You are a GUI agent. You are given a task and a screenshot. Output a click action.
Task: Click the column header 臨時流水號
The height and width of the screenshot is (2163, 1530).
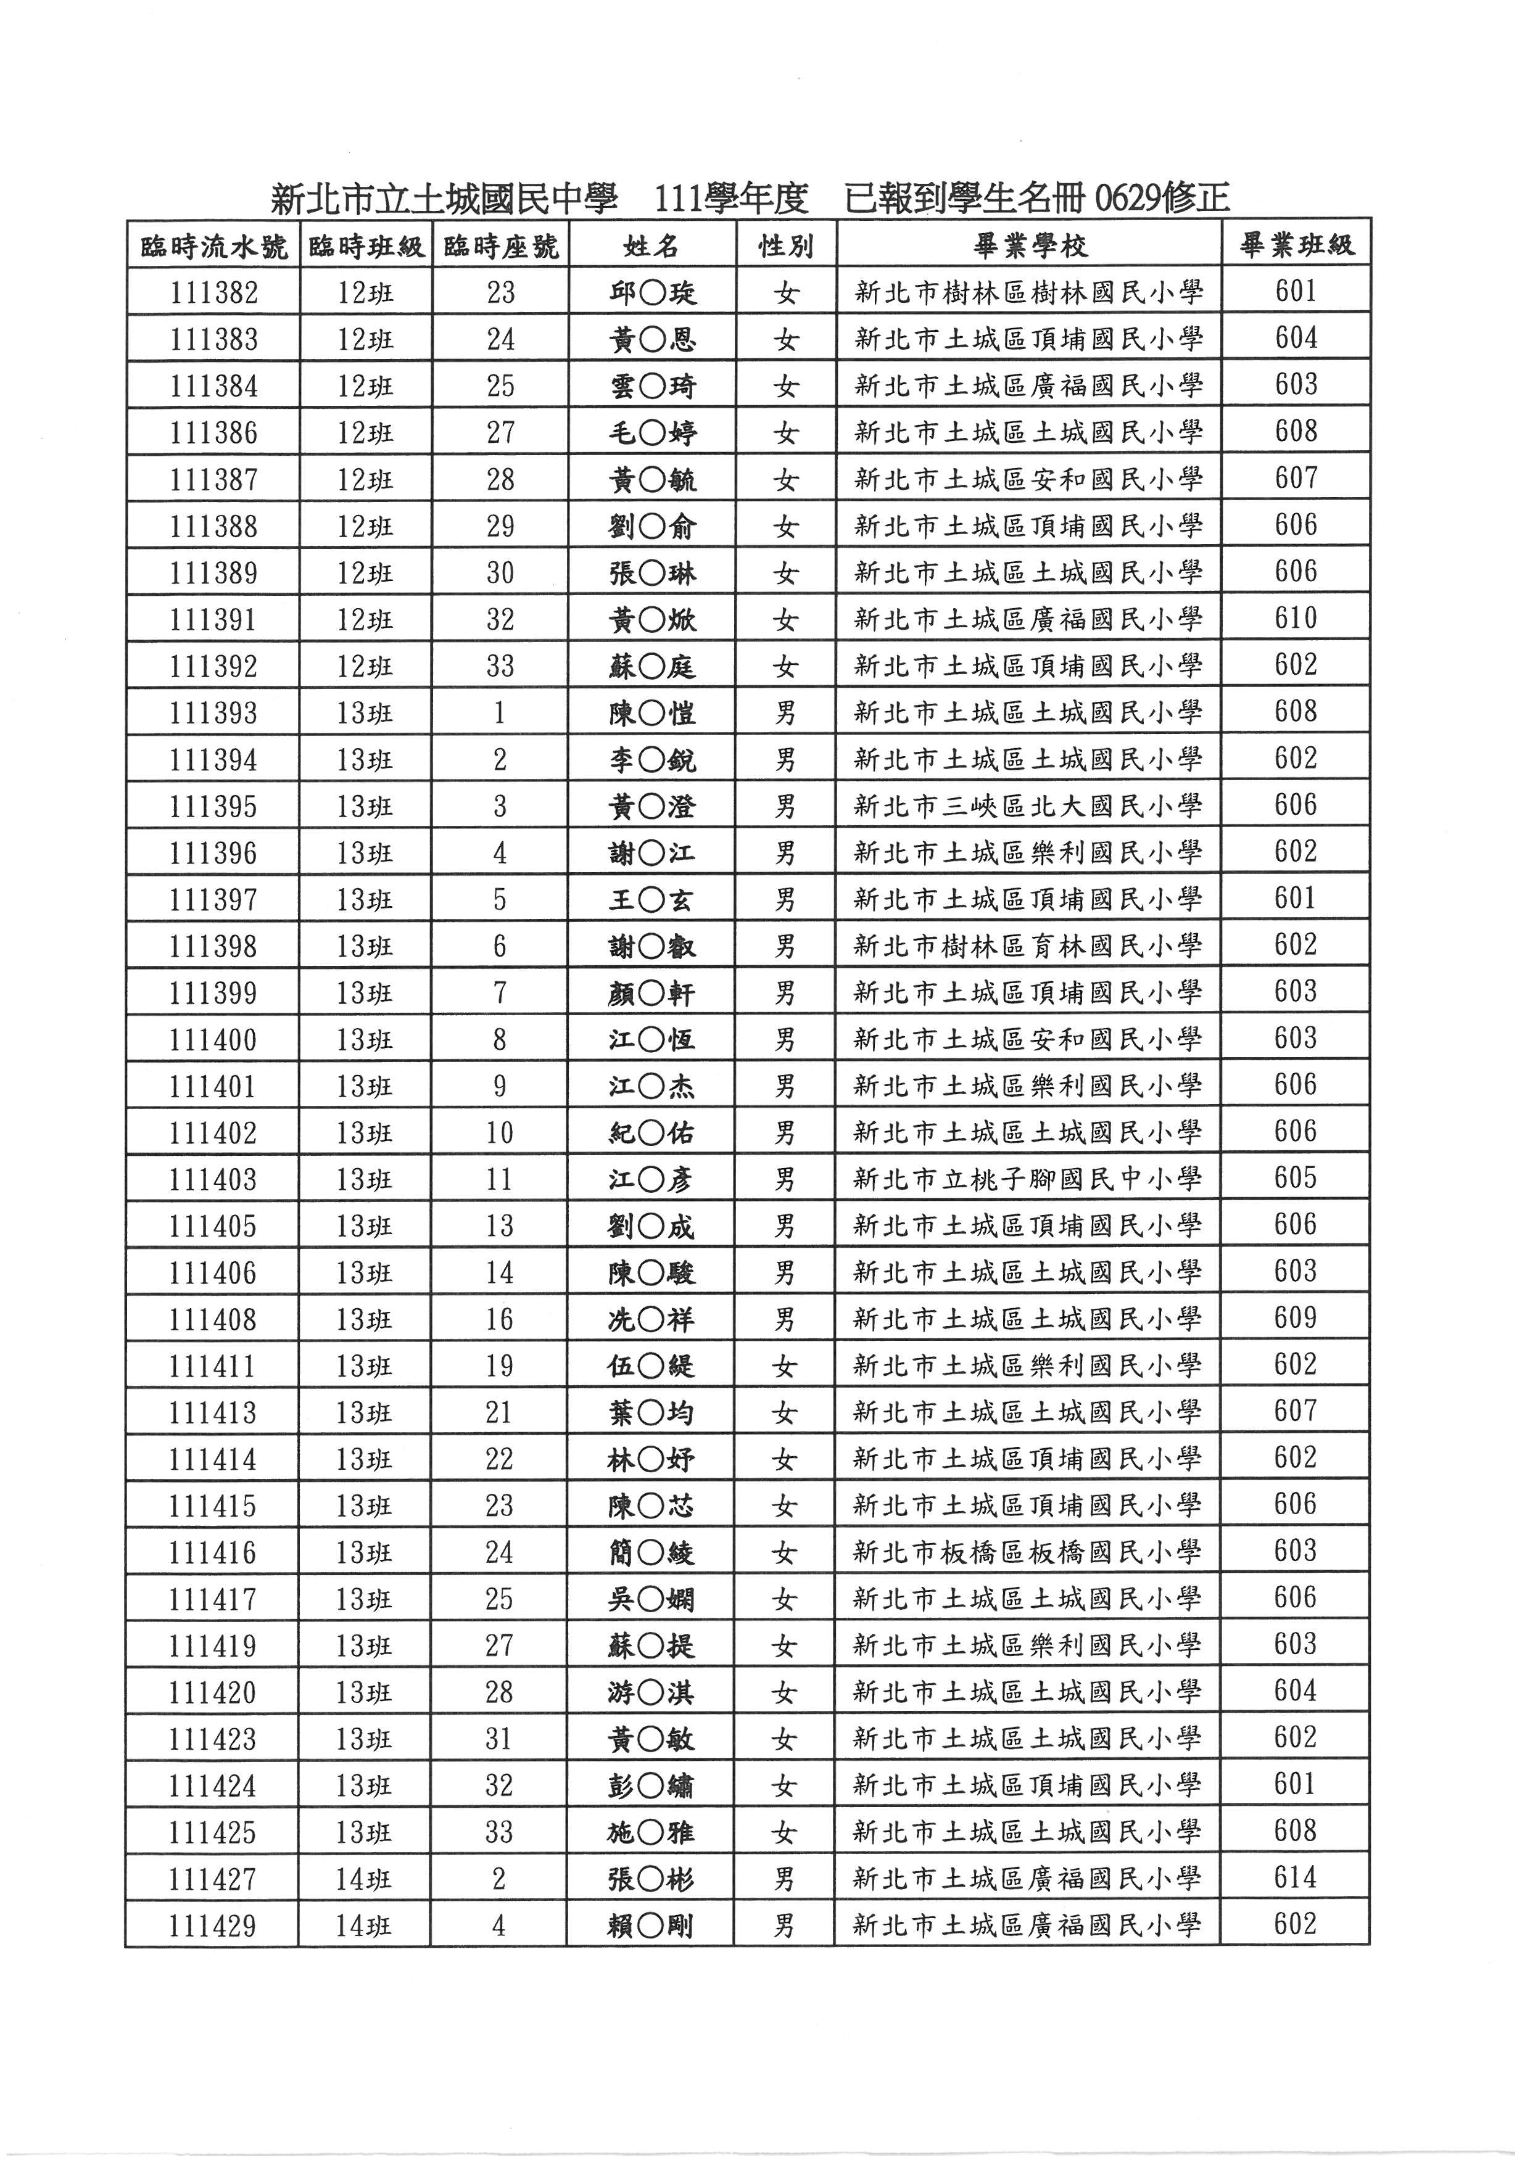(x=214, y=247)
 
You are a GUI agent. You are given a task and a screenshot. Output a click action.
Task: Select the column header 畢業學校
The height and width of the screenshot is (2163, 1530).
(x=1029, y=247)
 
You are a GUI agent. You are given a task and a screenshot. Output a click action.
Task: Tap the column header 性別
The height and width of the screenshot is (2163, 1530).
(x=786, y=247)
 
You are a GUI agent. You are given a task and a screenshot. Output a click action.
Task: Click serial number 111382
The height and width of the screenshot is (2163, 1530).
(x=214, y=293)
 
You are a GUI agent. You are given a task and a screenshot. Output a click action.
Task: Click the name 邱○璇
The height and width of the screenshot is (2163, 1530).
(x=652, y=293)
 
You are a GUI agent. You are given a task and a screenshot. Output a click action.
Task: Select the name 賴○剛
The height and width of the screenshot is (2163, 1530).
(x=651, y=1927)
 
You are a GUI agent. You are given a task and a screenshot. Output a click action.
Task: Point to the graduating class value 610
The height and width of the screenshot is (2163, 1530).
(x=1296, y=619)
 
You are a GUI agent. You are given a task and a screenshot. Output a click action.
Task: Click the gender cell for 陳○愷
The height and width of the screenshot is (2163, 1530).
(x=786, y=713)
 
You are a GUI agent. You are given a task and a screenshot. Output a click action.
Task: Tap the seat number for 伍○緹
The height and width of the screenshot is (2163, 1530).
(x=499, y=1366)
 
